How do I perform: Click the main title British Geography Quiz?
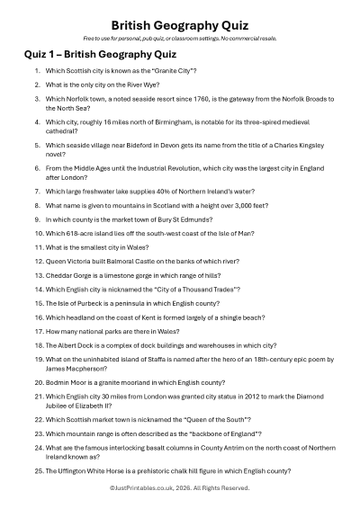180,26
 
